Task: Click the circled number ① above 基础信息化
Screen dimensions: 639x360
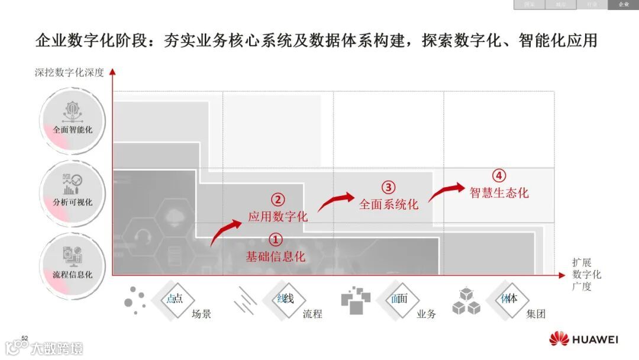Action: [276, 240]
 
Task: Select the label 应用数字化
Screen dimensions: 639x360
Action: [277, 217]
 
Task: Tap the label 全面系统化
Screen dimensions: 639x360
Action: [389, 204]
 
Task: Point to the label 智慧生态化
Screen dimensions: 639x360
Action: [499, 193]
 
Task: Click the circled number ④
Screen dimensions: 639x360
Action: [499, 176]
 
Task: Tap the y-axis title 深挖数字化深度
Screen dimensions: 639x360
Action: [69, 73]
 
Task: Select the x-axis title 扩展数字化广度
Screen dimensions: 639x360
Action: [586, 274]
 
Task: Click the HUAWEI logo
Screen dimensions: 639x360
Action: [583, 339]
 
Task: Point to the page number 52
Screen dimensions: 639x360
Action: [25, 338]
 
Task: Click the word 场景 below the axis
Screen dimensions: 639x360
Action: [201, 314]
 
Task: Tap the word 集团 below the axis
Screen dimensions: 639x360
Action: [535, 314]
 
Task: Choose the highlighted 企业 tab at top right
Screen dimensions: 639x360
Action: [624, 5]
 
